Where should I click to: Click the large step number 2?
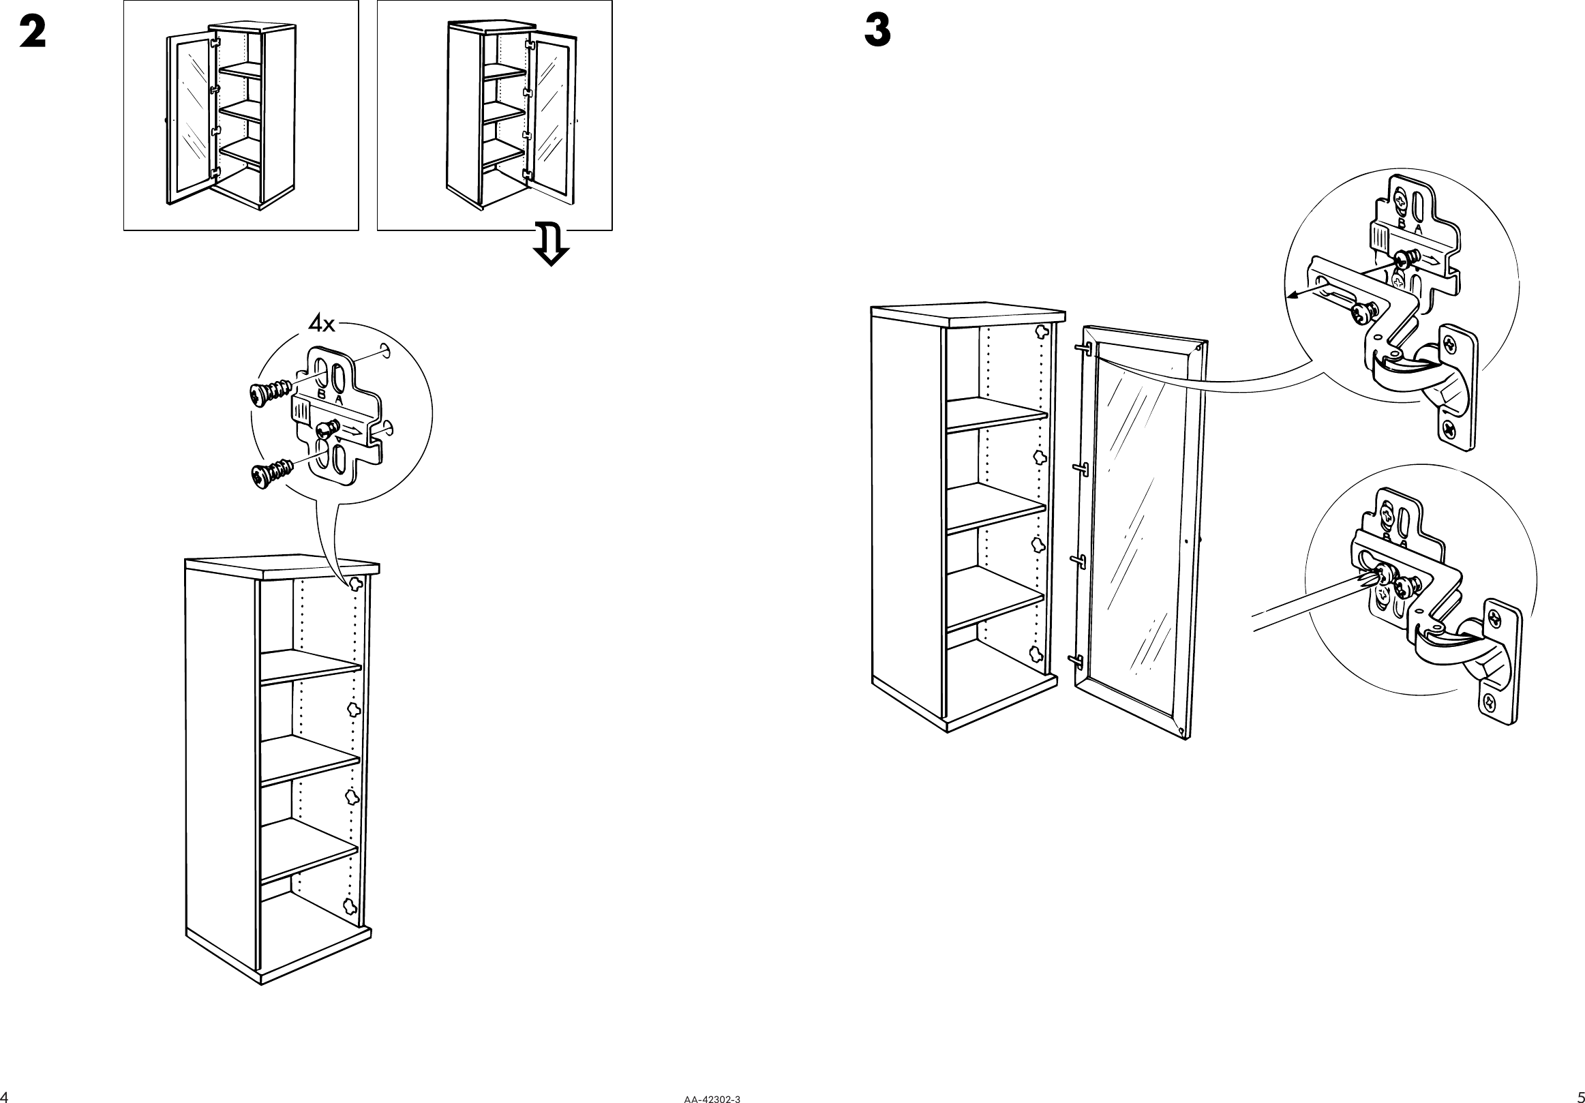33,32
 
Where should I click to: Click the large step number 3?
877,32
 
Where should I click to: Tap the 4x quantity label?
322,323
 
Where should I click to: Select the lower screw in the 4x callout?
272,475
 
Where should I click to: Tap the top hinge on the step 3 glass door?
1082,349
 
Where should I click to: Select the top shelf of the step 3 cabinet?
996,413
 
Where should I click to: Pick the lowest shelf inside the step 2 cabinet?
308,849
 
